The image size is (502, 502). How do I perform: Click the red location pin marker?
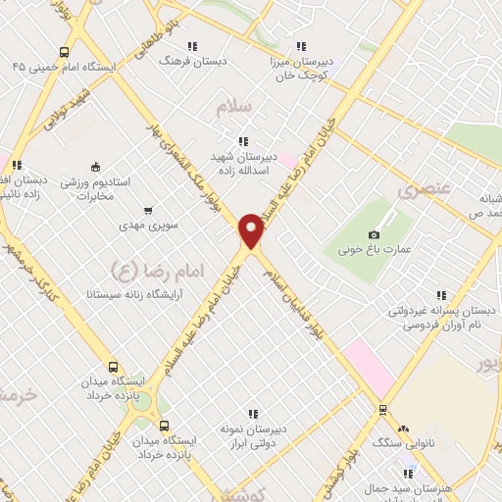[x=252, y=230]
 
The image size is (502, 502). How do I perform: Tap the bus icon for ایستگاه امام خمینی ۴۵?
[x=65, y=53]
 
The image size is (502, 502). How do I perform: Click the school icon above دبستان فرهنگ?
[x=192, y=45]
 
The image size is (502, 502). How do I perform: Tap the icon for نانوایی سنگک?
[x=382, y=411]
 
